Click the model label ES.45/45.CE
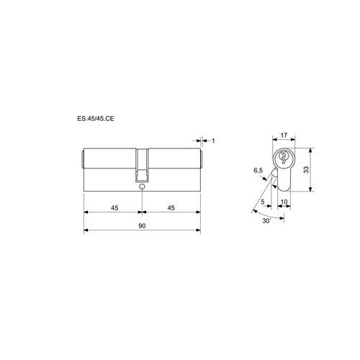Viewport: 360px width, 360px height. point(96,118)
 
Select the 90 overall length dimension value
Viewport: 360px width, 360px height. point(142,226)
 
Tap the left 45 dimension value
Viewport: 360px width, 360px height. point(114,207)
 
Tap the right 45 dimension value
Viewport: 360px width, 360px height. point(171,207)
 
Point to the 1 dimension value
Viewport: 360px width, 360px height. point(213,141)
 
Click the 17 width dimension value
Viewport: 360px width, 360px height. point(284,135)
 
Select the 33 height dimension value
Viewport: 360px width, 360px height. point(306,170)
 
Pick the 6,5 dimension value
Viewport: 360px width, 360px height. point(258,171)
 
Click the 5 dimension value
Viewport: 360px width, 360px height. point(263,202)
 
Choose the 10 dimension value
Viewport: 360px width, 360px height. point(284,202)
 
